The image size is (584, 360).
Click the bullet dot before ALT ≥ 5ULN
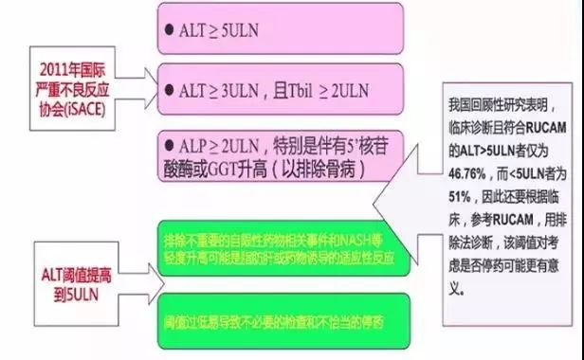tap(167, 30)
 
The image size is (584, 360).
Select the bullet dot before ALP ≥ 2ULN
tap(167, 145)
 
